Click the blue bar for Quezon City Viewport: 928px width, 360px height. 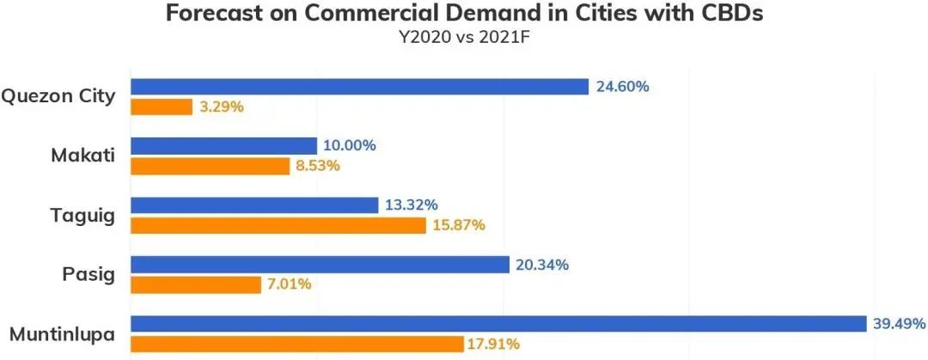tap(359, 87)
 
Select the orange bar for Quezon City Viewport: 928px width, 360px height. tap(162, 107)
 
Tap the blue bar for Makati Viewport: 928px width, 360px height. tap(223, 146)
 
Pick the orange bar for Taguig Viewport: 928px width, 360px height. tap(278, 225)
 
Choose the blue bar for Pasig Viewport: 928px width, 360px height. tap(320, 265)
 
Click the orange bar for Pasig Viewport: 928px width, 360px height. tap(196, 284)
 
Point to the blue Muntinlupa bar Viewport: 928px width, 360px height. tap(498, 324)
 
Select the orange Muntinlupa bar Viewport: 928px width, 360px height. tap(297, 344)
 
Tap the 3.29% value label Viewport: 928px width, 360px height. tap(223, 107)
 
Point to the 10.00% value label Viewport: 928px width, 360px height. tap(350, 146)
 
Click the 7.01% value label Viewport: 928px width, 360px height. tap(291, 284)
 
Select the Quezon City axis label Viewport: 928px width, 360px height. tap(58, 96)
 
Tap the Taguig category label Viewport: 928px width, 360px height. tap(82, 215)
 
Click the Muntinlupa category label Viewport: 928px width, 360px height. tap(62, 333)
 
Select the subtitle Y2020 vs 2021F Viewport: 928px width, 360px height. tap(464, 38)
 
